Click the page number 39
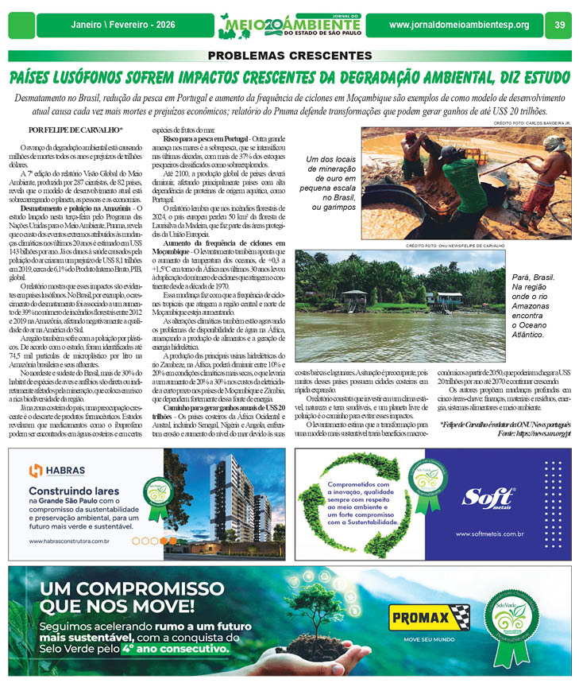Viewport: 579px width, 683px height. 559,25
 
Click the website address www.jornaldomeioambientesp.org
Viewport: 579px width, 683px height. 459,25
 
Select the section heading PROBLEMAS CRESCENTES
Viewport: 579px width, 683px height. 289,56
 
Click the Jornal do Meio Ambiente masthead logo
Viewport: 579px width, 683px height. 289,25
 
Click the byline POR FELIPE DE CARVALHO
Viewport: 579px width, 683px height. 75,129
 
